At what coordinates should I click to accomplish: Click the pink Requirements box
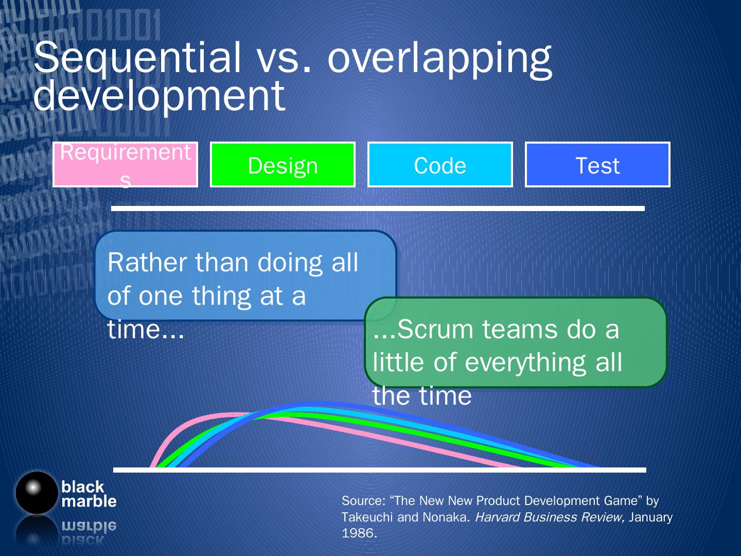pos(125,164)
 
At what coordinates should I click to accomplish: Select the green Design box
pos(283,164)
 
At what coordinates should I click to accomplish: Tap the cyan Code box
pos(440,164)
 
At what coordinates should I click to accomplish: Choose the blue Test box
pos(597,164)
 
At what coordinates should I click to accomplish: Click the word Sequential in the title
pos(137,57)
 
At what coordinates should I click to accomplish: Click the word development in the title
pos(160,96)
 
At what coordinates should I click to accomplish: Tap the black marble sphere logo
pos(37,493)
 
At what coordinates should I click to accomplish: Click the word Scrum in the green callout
pos(435,329)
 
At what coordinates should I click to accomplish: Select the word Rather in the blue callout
pos(147,263)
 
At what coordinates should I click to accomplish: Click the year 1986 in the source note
pos(359,533)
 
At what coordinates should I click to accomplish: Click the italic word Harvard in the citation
pos(497,517)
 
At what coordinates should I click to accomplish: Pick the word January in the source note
pos(650,517)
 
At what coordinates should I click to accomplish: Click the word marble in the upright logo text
pos(89,501)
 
